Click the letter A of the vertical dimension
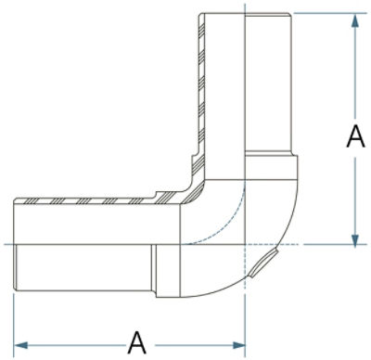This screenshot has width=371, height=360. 355,136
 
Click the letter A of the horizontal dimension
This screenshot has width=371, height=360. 137,342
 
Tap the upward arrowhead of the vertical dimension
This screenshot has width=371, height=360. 355,21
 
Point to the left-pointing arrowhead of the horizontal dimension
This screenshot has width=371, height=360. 21,345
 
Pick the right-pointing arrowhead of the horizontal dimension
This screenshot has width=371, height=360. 237,345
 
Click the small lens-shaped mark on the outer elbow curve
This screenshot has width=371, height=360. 263,263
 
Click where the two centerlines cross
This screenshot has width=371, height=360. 245,245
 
